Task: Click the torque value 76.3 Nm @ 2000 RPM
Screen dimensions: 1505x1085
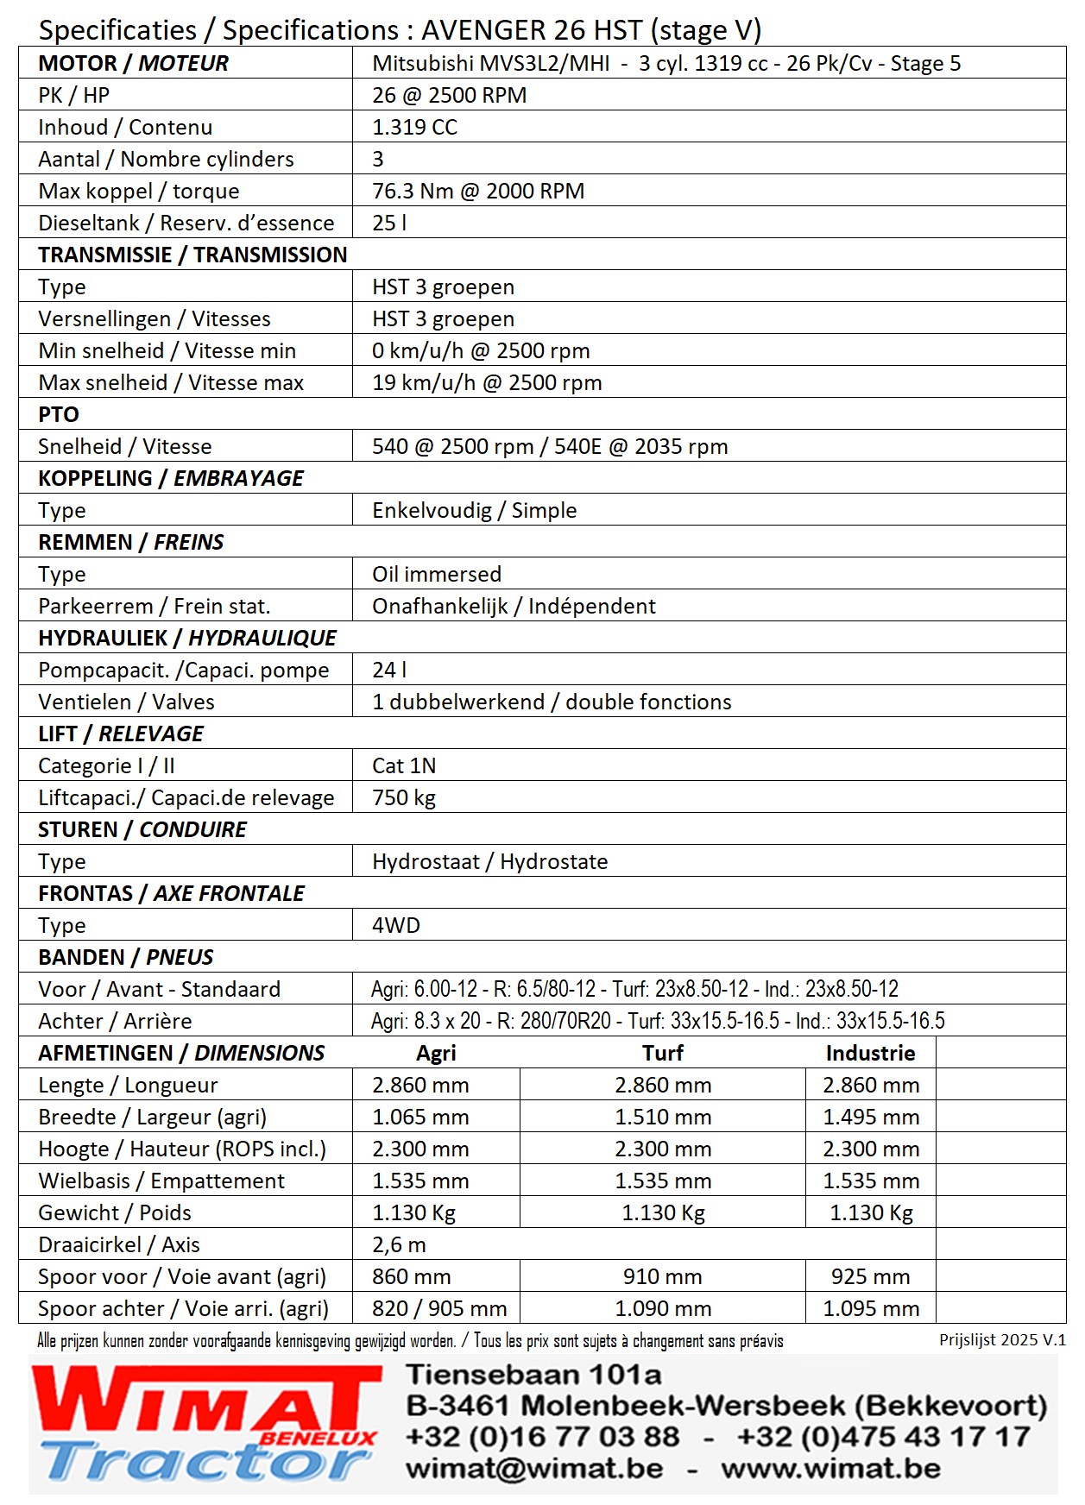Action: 478,191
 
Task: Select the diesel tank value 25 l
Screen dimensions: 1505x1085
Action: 389,223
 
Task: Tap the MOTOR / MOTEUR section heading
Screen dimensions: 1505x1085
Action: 134,63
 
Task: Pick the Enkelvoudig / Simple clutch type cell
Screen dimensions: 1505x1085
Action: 474,510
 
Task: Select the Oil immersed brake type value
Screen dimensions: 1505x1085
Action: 437,574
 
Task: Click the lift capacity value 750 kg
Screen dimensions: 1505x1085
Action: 404,797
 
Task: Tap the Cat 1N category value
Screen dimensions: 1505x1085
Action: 404,765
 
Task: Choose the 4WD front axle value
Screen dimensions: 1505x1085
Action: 396,925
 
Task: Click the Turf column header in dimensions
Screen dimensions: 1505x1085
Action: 663,1053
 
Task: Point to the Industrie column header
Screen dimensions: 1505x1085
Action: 870,1053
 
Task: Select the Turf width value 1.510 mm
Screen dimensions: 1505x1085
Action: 663,1117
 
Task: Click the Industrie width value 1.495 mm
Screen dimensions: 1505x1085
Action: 871,1117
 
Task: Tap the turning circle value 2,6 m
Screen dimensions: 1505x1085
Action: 399,1244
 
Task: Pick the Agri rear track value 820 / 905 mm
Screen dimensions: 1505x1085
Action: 439,1308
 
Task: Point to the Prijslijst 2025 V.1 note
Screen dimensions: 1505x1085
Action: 1002,1340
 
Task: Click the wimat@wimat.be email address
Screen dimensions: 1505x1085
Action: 535,1468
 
